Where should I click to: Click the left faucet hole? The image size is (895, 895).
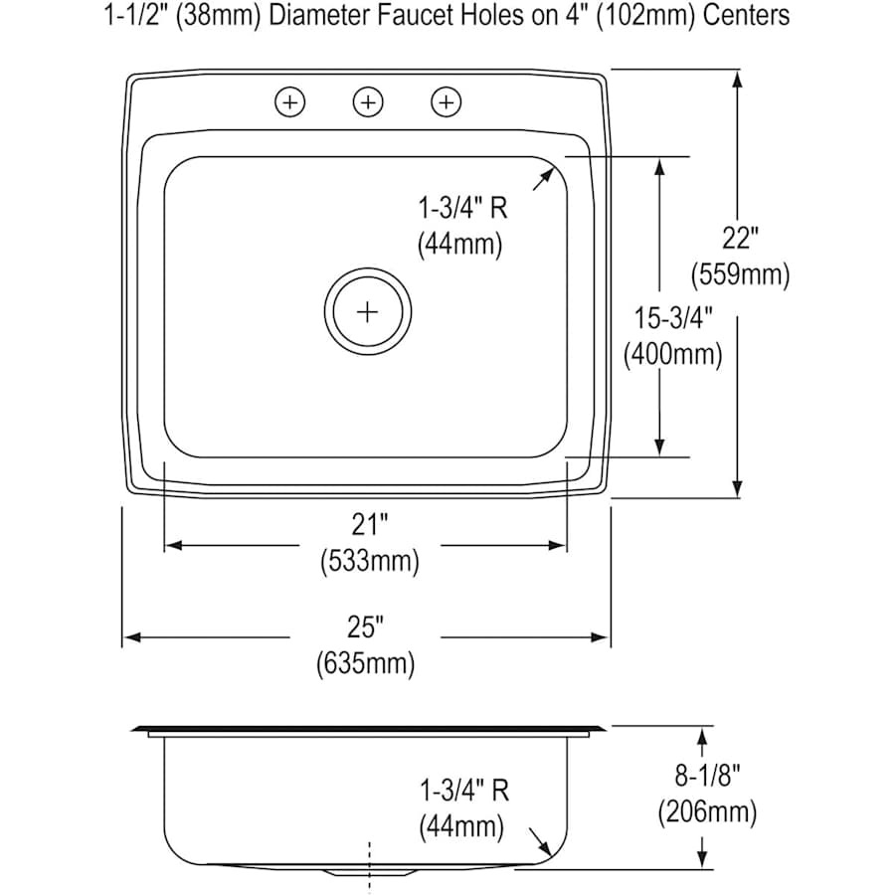(289, 101)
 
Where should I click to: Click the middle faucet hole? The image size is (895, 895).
(368, 101)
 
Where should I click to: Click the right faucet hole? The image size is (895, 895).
(447, 101)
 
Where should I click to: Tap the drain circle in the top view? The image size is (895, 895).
(368, 312)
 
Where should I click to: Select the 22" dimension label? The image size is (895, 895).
(741, 238)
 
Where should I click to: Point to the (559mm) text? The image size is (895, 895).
(741, 274)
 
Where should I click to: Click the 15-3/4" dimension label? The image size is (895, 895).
(673, 318)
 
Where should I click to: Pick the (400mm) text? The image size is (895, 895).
(673, 354)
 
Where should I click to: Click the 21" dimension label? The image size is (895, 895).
(369, 523)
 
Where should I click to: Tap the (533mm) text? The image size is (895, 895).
(369, 561)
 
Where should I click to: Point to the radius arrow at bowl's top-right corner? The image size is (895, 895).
(543, 179)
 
